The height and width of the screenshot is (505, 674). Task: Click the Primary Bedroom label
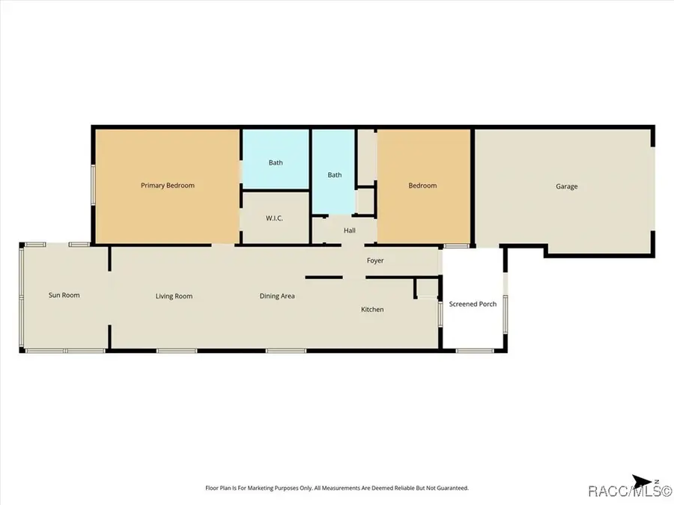[168, 186]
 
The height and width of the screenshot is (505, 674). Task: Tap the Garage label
[567, 186]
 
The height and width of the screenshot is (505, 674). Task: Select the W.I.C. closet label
[274, 218]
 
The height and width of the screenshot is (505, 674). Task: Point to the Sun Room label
[64, 295]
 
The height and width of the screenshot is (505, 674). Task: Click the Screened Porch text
[473, 304]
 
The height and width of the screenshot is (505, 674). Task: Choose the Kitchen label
[372, 309]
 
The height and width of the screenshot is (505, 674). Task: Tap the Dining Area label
[277, 296]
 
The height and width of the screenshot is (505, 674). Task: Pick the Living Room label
[174, 296]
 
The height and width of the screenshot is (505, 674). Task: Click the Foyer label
[375, 260]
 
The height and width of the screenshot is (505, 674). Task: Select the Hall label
[350, 230]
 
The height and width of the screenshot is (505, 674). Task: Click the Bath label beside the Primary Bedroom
[276, 163]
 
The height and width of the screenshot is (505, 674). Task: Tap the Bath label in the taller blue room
[335, 175]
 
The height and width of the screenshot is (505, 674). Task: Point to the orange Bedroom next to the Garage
[422, 186]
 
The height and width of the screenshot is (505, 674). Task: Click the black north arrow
[641, 482]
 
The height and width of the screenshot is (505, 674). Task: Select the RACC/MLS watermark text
[630, 491]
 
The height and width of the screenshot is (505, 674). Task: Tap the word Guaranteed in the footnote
[452, 488]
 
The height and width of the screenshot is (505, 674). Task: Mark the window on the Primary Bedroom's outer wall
[93, 185]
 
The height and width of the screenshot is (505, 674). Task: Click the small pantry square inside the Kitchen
[428, 288]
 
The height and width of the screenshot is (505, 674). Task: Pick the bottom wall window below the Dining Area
[286, 351]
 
